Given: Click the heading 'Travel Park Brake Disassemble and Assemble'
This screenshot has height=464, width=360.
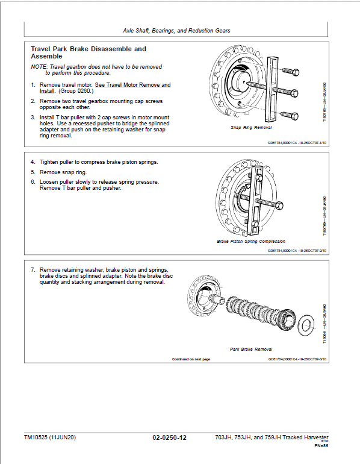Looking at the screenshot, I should coord(88,52).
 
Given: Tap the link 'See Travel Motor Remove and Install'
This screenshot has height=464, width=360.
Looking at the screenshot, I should coord(132,85).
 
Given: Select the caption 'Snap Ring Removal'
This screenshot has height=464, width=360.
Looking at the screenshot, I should coord(251,128).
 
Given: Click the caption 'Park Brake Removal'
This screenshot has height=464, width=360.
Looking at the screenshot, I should coord(251,349).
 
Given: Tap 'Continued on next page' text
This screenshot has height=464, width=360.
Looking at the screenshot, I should coord(191,359).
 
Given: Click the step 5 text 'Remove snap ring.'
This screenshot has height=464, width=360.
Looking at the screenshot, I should coord(66,172).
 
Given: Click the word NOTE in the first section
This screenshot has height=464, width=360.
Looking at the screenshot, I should coord(39,66).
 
